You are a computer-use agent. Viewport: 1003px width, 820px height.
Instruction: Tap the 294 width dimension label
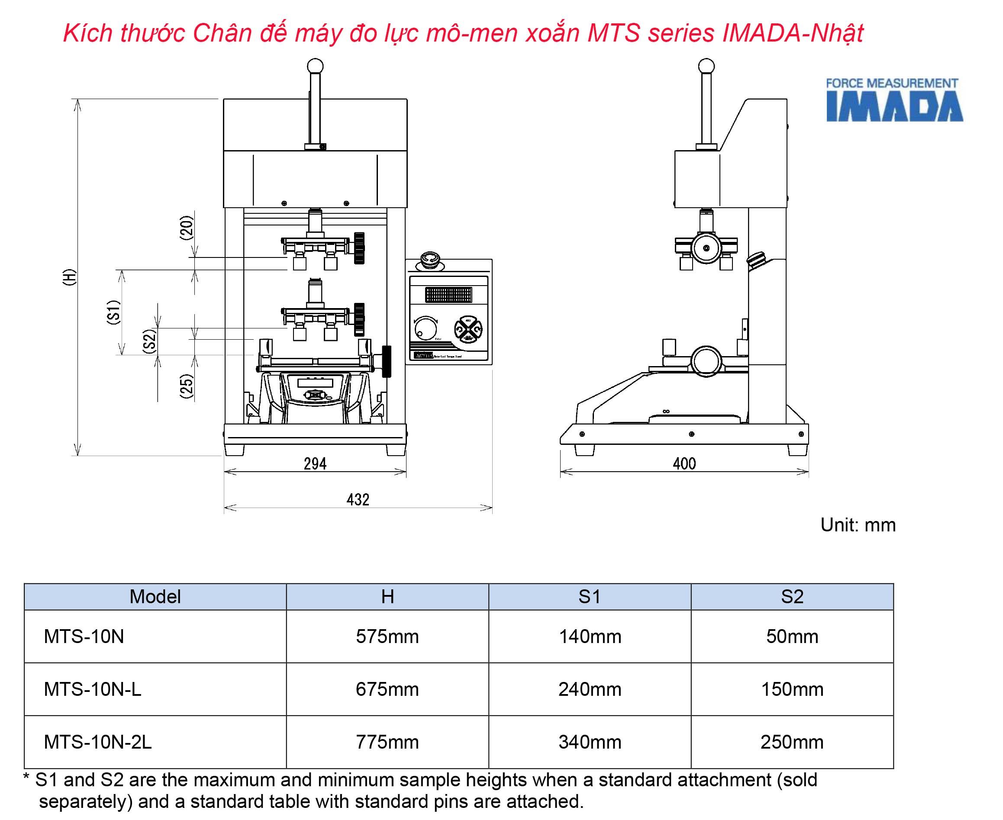click(315, 463)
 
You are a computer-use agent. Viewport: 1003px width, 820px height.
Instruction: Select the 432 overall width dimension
click(358, 499)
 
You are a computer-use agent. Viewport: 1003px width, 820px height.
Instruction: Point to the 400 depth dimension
click(684, 463)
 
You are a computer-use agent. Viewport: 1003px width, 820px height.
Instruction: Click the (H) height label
click(69, 277)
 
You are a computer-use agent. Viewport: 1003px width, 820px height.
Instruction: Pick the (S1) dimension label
click(113, 312)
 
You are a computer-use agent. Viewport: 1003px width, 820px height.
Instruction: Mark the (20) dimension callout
click(187, 228)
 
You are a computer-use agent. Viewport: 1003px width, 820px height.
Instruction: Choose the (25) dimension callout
click(187, 386)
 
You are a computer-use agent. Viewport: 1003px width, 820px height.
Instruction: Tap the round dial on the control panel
click(425, 328)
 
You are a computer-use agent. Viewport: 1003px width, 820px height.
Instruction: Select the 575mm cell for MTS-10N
click(387, 636)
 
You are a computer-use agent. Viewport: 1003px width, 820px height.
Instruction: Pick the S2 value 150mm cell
click(792, 689)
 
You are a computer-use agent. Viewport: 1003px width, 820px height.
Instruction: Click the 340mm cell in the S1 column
click(590, 742)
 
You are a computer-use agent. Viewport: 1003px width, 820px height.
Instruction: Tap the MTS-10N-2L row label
click(98, 742)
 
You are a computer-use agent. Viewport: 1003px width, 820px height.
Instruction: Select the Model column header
click(155, 597)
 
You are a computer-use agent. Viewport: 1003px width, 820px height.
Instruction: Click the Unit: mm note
click(858, 525)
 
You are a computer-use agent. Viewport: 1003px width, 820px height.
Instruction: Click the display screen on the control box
click(448, 295)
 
